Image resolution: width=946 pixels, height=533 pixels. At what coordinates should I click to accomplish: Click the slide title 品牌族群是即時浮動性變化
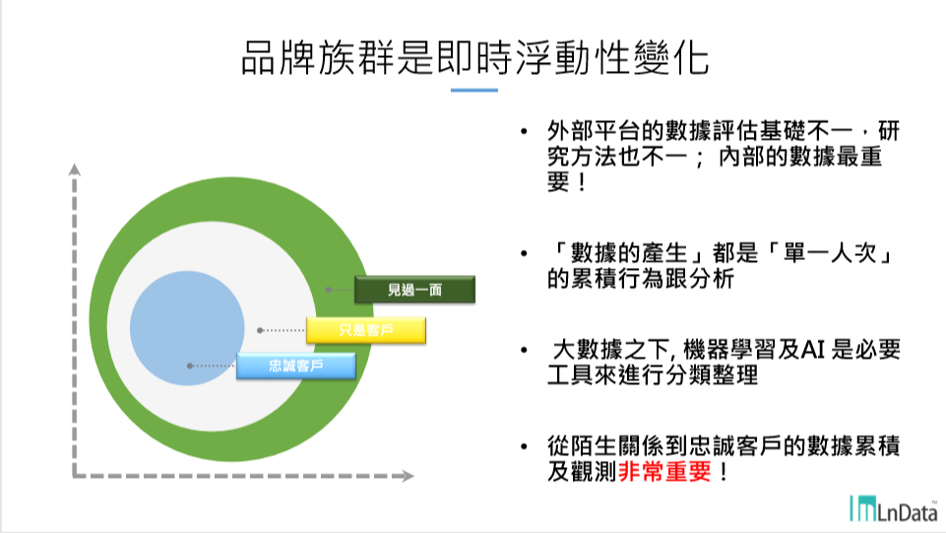click(x=474, y=58)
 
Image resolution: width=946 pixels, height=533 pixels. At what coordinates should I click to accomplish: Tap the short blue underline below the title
click(x=474, y=90)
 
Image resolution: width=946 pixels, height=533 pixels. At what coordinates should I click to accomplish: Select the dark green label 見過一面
click(x=415, y=290)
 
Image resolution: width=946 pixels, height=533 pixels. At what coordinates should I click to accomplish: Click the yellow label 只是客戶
click(x=366, y=330)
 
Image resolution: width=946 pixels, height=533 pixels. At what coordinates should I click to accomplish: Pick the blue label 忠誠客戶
click(x=296, y=366)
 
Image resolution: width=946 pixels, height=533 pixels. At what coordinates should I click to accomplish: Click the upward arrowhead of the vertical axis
click(x=74, y=169)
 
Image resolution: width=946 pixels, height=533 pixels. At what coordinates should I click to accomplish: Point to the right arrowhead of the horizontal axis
click(x=408, y=476)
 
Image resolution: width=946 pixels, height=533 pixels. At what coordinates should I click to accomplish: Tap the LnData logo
click(x=894, y=508)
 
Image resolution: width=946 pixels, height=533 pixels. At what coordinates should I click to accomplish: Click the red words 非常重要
click(x=664, y=472)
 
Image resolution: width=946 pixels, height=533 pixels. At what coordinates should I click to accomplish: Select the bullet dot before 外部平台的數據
click(x=524, y=131)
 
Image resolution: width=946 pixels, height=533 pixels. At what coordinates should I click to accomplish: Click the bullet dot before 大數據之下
click(x=524, y=350)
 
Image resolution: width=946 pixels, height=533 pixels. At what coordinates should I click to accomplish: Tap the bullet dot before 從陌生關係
click(x=524, y=446)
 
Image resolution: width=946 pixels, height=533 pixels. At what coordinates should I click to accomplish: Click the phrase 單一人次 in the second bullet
click(x=830, y=253)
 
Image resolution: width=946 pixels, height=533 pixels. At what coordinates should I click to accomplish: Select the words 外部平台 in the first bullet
click(x=594, y=130)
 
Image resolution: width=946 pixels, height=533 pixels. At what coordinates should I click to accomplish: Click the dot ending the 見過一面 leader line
click(x=328, y=290)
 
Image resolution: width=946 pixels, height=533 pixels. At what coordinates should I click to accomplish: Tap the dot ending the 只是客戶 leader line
click(x=260, y=330)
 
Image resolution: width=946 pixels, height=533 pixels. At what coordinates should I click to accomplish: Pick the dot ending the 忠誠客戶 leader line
click(x=190, y=366)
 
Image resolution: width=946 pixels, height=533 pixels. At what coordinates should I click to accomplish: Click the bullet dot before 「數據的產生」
click(x=524, y=253)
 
